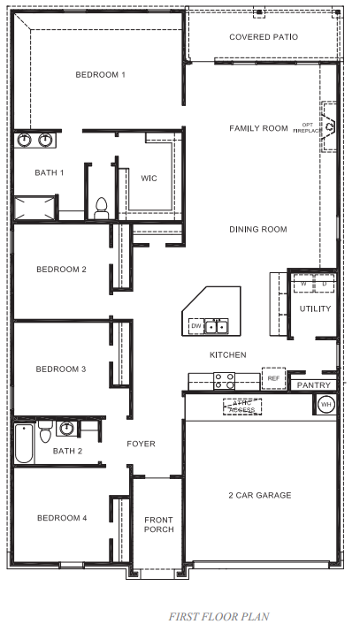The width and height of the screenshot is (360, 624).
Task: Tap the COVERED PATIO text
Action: coord(263,37)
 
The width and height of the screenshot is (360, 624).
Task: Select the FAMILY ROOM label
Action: coord(258,128)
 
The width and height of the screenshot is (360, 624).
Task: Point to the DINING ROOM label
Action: coord(258,230)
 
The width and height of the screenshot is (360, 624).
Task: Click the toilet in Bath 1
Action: coord(101,209)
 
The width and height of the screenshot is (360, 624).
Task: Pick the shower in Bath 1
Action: coord(34,209)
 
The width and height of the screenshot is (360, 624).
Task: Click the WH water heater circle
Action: coord(326,404)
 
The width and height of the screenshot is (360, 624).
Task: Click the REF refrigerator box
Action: coord(272,379)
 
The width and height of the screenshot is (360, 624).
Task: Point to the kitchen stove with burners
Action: coord(224,381)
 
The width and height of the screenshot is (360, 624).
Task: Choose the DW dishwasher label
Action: coord(195,326)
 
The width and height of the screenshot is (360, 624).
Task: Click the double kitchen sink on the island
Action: coord(216,326)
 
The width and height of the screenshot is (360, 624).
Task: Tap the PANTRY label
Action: coord(313,385)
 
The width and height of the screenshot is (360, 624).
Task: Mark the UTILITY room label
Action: coord(315,309)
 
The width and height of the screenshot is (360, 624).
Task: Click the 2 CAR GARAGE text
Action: coord(259,495)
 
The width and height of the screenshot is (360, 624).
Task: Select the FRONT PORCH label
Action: coord(158,523)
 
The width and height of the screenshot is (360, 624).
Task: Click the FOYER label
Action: coord(141,444)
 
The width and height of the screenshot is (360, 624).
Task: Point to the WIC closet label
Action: coord(149,178)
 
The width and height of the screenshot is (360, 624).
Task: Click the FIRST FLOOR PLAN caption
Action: coord(218,616)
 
